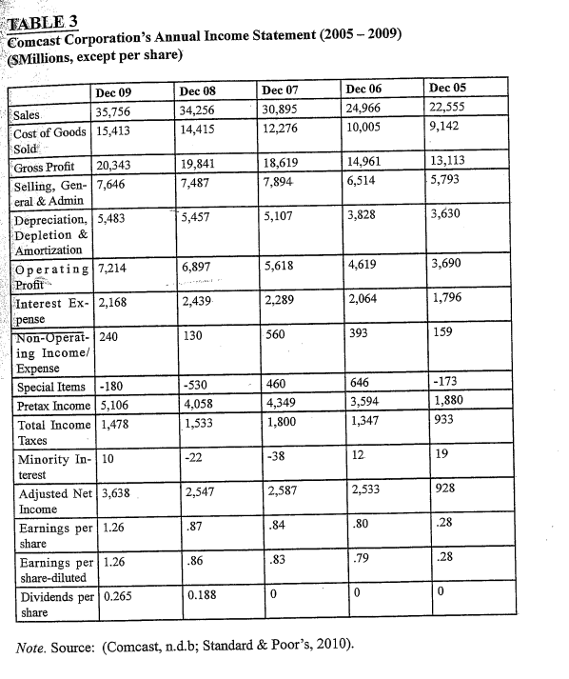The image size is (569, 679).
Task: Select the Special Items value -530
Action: click(195, 385)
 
